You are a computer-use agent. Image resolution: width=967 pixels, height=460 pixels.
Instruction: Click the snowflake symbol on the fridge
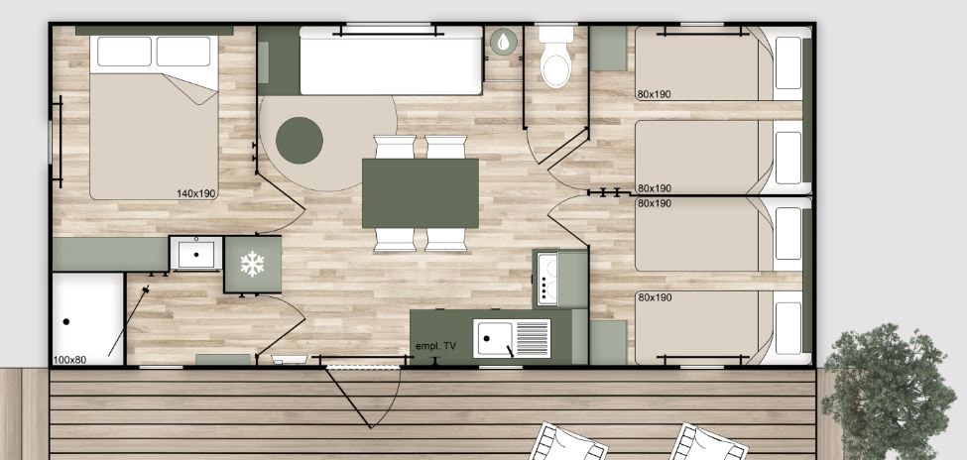point(252,264)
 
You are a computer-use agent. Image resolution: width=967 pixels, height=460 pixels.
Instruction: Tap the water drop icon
point(504,42)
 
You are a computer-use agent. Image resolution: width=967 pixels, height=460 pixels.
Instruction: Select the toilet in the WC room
point(555,57)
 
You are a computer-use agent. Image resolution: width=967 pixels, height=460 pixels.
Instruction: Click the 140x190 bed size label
point(196,193)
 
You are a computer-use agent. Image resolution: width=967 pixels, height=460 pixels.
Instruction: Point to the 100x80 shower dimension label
point(69,360)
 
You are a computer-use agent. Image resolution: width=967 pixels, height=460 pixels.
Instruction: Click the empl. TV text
point(436,346)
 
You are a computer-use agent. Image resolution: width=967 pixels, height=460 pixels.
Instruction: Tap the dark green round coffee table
point(300,141)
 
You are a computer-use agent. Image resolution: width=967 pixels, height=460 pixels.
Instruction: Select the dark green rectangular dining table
point(420,193)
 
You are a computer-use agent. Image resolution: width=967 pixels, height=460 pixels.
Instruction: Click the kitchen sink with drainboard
point(512,338)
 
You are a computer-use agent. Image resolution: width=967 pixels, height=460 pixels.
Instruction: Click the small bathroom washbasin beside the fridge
point(196,254)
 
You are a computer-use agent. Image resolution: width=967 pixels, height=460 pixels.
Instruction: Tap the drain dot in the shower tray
point(66,321)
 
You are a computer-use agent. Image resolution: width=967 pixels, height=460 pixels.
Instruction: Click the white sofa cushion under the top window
point(391,61)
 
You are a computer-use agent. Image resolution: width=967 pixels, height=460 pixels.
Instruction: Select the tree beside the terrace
point(888,391)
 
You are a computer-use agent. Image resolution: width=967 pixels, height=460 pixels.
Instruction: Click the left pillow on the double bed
point(124,52)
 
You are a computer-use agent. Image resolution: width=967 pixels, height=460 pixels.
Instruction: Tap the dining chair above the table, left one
point(395,147)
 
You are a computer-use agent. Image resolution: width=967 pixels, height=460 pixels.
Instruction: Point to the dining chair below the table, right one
point(446,240)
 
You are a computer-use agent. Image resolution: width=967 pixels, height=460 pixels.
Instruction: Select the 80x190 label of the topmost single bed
point(655,94)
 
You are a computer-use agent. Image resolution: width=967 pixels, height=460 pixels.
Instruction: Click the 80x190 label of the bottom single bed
point(655,297)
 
